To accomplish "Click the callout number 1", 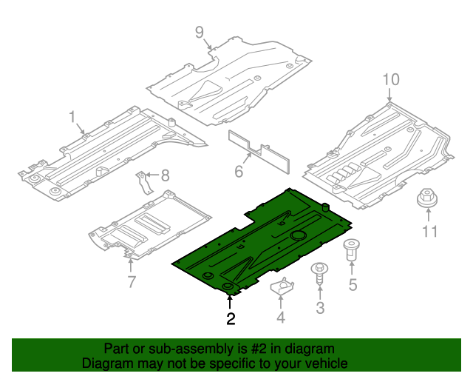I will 72,117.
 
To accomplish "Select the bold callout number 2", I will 231,319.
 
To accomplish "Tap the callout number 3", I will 320,308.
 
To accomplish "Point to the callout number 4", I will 280,318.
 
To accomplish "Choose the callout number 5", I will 353,284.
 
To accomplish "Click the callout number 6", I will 239,172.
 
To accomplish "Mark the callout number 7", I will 132,281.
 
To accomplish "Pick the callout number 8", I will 165,175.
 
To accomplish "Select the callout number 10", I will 390,79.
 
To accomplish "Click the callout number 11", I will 429,232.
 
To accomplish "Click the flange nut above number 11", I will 427,198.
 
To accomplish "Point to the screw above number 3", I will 320,273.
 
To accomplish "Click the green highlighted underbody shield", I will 266,237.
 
